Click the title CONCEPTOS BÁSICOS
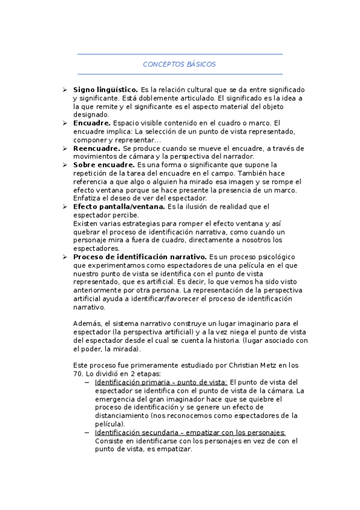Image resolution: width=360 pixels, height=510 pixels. pyautogui.click(x=180, y=64)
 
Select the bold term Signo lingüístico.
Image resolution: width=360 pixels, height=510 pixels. pyautogui.click(x=105, y=89)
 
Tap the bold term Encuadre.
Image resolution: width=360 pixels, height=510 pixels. pyautogui.click(x=91, y=123)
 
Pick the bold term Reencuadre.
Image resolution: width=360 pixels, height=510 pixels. pyautogui.click(x=96, y=148)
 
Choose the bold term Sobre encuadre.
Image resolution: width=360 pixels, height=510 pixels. pyautogui.click(x=103, y=165)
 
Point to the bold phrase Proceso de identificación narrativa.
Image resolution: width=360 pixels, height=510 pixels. pyautogui.click(x=140, y=257)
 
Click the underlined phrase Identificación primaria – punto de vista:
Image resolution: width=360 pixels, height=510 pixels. pyautogui.click(x=161, y=382)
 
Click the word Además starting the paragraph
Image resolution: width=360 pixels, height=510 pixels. pyautogui.click(x=84, y=324)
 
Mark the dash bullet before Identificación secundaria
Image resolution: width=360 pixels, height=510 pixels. pyautogui.click(x=88, y=432)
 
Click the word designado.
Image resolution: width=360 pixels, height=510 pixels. pyautogui.click(x=91, y=114)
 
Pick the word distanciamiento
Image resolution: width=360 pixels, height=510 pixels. pyautogui.click(x=124, y=416)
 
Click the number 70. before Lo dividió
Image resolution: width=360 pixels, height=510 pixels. pyautogui.click(x=78, y=373)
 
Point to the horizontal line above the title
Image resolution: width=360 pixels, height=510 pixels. pyautogui.click(x=180, y=54)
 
